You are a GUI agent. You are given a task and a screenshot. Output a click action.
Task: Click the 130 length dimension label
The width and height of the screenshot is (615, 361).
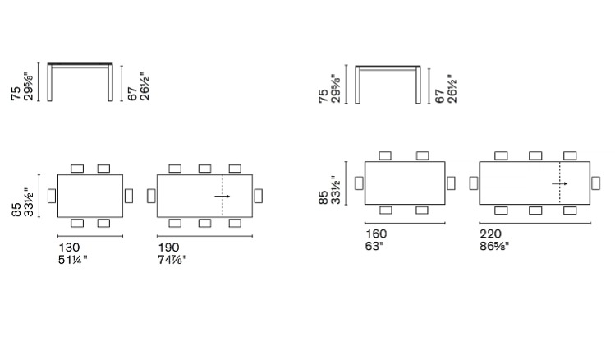pos(69,248)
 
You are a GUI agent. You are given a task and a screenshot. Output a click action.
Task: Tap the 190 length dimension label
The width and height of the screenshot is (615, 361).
pos(168,248)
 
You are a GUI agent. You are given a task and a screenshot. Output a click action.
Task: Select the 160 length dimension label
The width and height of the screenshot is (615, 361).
pos(376,234)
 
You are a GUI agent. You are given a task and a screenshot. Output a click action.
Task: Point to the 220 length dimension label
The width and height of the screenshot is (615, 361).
pos(490,234)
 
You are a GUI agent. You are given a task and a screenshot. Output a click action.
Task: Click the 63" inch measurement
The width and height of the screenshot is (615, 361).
pos(374,247)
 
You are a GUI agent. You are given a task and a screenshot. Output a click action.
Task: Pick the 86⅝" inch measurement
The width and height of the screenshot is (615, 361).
pos(494,247)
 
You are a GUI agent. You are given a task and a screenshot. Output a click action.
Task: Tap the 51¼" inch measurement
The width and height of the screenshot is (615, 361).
pos(73,260)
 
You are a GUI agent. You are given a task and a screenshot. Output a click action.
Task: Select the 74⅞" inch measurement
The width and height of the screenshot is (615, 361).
pos(172,260)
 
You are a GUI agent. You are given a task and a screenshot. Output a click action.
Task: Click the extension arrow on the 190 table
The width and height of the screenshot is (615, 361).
pos(223,196)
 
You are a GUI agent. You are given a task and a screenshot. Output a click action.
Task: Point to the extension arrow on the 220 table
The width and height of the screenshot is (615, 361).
pos(560,183)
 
